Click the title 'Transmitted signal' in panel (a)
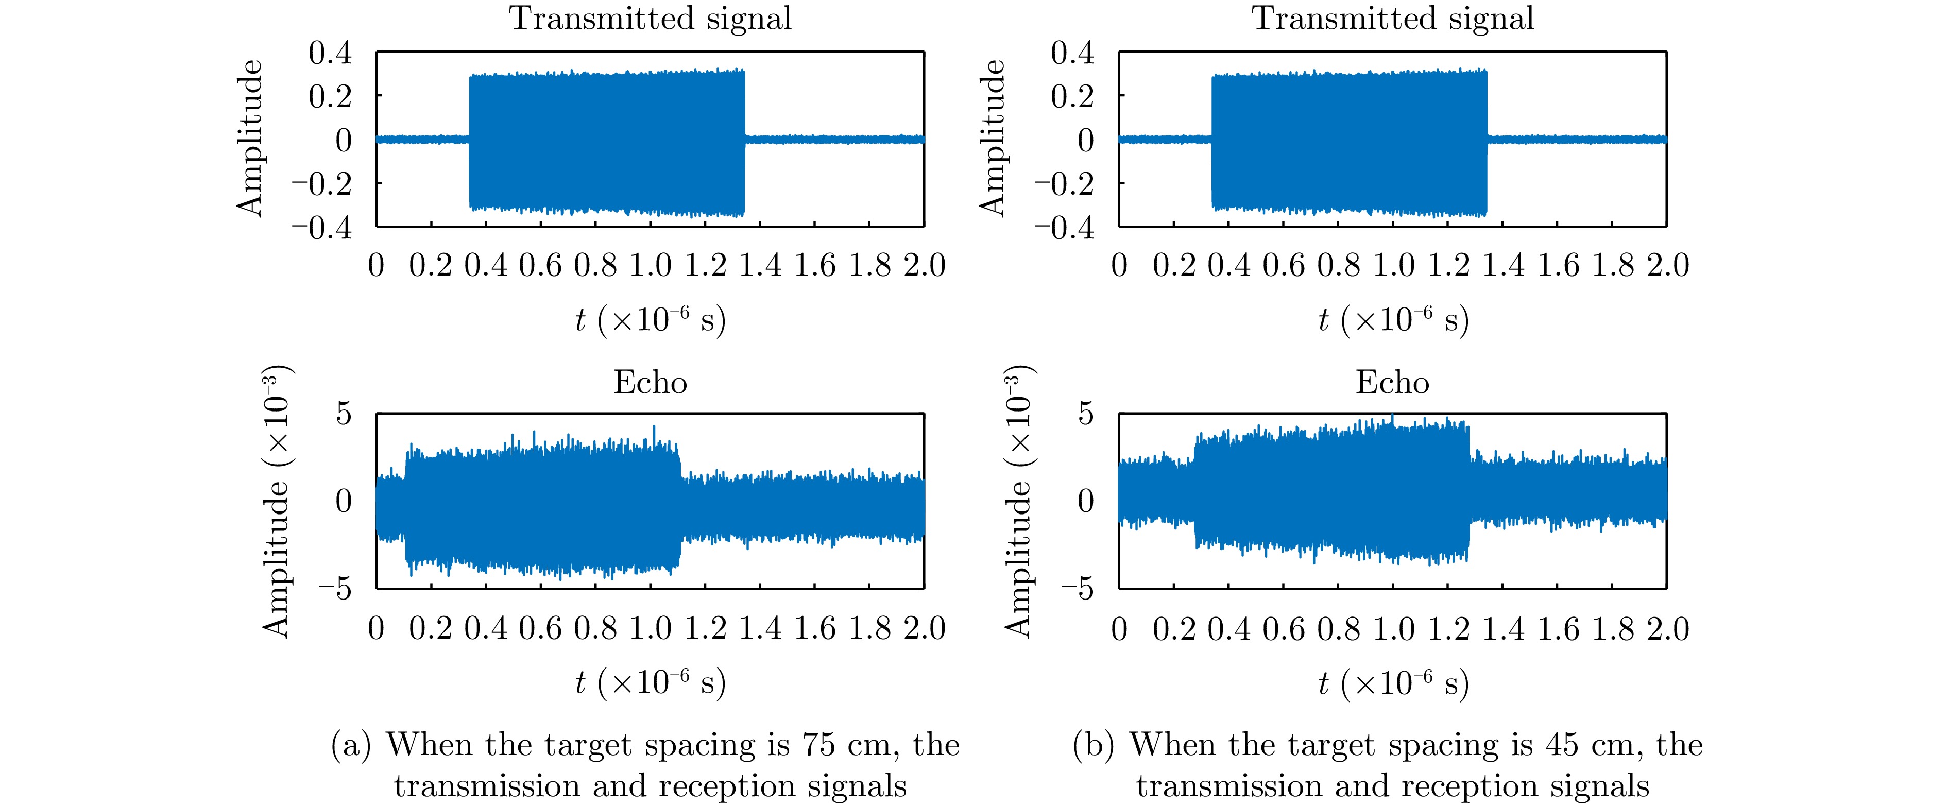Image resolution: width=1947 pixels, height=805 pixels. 650,18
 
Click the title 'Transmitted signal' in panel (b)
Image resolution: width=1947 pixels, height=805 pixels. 1392,18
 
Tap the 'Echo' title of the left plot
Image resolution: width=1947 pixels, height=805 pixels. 650,383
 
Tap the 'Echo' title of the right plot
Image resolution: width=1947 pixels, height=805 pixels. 1392,383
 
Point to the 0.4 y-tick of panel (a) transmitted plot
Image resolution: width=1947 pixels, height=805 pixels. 330,53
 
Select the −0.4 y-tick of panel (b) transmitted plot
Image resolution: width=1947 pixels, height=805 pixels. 1064,227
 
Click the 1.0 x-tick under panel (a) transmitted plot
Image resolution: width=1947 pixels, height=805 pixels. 650,265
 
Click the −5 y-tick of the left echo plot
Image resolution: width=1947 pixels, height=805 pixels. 335,589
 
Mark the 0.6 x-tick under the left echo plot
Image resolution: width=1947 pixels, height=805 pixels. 540,629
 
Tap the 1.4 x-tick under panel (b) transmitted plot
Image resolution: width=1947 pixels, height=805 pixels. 1502,265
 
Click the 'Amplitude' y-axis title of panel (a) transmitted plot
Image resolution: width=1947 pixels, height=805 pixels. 249,139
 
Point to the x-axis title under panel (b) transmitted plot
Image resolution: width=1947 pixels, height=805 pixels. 1392,320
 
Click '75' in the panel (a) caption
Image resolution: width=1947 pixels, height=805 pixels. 818,745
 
